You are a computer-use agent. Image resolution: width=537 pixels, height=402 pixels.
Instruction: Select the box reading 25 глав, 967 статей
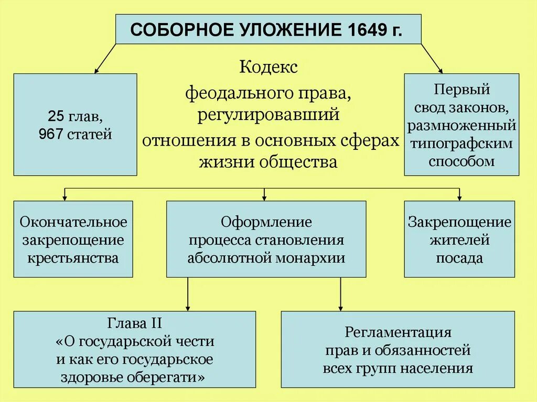(x=75, y=124)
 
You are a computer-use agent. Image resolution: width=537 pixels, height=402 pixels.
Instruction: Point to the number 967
(x=50, y=135)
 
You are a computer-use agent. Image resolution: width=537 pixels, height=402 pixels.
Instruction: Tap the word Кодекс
(x=268, y=68)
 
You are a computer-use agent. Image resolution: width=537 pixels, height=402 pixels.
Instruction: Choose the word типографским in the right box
(x=461, y=144)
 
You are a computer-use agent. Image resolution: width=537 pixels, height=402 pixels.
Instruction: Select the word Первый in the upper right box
(x=461, y=89)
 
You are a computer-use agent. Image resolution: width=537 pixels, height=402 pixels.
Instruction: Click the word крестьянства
(x=73, y=257)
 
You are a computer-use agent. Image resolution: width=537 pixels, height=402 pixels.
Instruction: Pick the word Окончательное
(x=73, y=222)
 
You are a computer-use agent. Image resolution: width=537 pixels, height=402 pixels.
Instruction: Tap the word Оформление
(x=266, y=222)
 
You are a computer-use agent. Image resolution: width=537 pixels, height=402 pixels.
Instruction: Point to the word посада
(x=459, y=258)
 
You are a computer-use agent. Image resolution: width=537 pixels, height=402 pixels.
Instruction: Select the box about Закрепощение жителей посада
(x=459, y=239)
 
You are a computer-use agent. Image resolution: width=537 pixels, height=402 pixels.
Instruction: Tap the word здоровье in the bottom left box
(x=100, y=377)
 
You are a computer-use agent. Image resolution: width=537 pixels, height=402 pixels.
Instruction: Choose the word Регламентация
(x=398, y=332)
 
